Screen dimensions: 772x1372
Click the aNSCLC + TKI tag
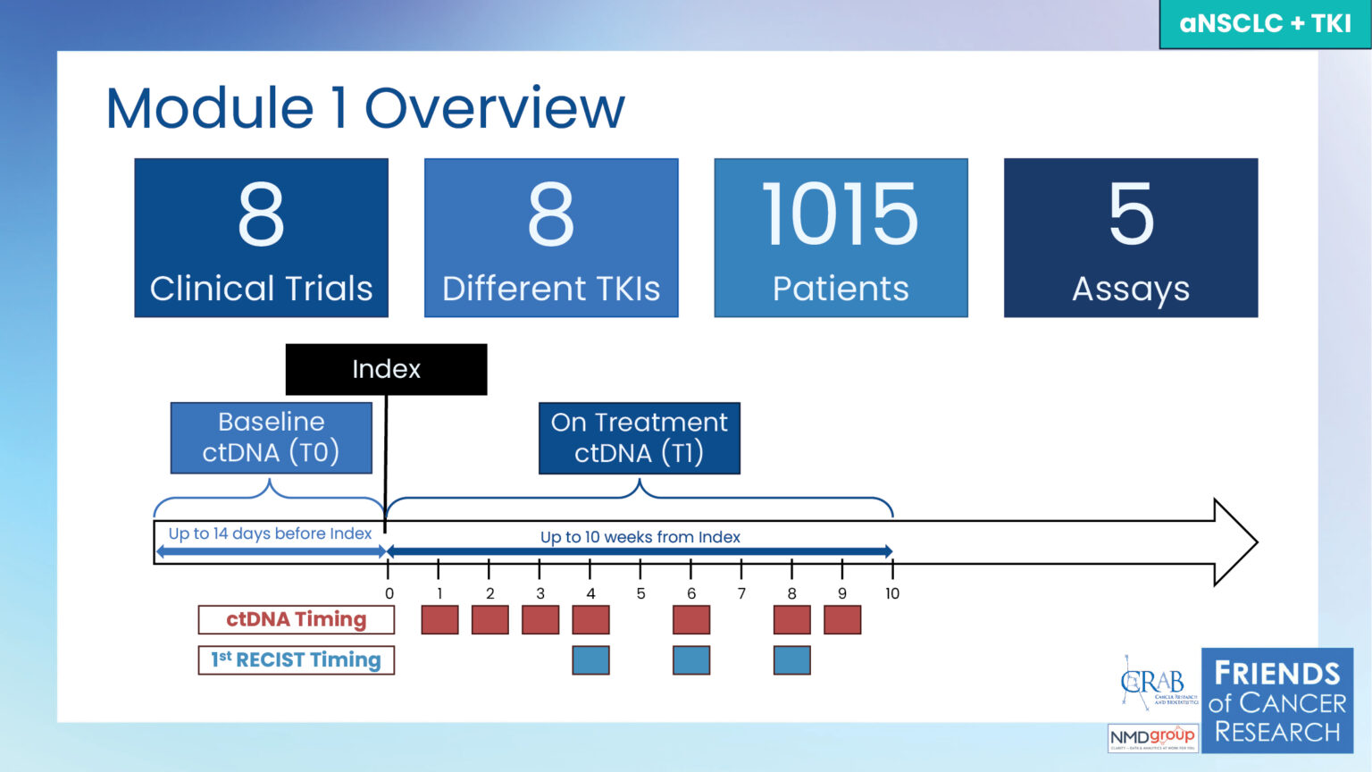(x=1265, y=23)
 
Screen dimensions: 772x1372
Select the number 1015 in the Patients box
(x=840, y=214)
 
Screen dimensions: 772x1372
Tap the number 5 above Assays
(x=1131, y=214)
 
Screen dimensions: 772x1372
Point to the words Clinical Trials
(x=261, y=289)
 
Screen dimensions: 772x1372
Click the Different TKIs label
(x=551, y=289)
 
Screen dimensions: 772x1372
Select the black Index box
(x=386, y=369)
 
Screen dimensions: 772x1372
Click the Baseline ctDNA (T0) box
(x=271, y=438)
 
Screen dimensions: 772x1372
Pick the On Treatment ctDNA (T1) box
(x=639, y=438)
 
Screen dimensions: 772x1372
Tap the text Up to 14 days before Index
(x=270, y=533)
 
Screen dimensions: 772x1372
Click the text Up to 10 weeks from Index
(x=640, y=537)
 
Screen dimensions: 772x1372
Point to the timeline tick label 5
(x=640, y=593)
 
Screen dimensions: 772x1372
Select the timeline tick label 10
(x=892, y=593)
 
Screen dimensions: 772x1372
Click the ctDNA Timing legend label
(x=296, y=619)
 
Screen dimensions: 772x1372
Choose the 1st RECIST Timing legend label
(x=296, y=660)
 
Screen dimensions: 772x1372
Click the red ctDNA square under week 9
(x=842, y=620)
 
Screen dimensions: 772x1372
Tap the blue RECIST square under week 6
(x=691, y=660)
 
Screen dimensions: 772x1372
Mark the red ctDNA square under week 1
(x=439, y=620)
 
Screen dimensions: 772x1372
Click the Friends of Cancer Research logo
(x=1276, y=701)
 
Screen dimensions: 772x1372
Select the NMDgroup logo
(x=1152, y=738)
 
